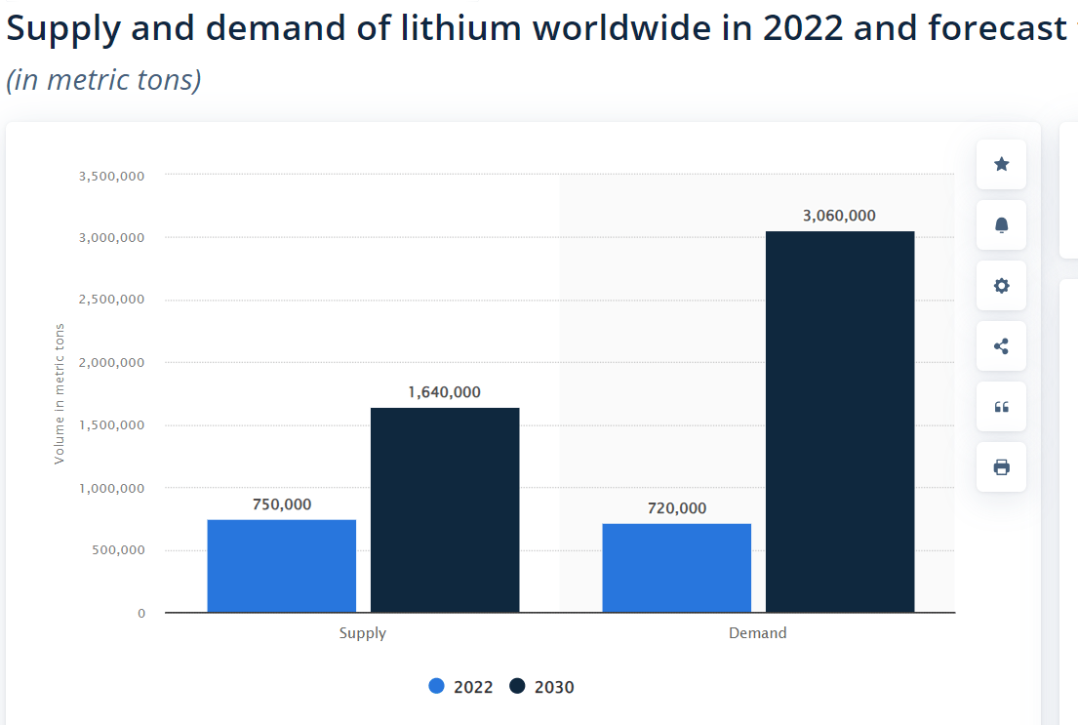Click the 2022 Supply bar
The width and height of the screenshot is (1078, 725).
click(x=281, y=566)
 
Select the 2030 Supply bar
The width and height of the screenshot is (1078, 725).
click(x=445, y=510)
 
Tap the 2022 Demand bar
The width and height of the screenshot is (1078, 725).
click(x=676, y=568)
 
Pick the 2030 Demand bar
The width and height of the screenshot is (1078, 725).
click(x=840, y=422)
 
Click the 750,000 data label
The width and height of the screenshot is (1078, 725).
click(x=282, y=504)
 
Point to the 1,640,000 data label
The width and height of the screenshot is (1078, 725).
click(x=445, y=392)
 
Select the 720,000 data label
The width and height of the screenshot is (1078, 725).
click(x=676, y=508)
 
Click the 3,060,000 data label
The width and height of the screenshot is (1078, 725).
click(x=839, y=216)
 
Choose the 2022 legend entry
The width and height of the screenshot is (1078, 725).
click(x=461, y=687)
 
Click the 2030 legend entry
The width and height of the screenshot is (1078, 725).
click(x=542, y=687)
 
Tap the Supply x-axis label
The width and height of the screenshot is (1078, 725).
click(x=362, y=633)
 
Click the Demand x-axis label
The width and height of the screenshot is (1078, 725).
click(x=757, y=633)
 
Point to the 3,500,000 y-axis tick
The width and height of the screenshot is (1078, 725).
click(x=111, y=176)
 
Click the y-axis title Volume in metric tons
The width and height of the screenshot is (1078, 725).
click(x=60, y=393)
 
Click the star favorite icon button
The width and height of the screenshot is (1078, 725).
click(x=1001, y=164)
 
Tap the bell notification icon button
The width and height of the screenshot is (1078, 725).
click(x=1001, y=225)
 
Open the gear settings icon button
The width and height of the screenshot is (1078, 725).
click(x=1001, y=286)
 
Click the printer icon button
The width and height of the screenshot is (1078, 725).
click(x=1001, y=467)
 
